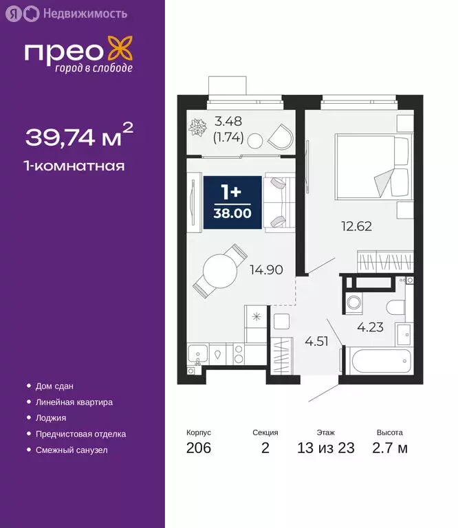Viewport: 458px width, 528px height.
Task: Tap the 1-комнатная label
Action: pyautogui.click(x=75, y=166)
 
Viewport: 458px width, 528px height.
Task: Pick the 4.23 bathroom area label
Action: pyautogui.click(x=370, y=327)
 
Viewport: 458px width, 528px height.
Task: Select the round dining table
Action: pyautogui.click(x=220, y=269)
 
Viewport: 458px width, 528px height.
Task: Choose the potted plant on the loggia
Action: pyautogui.click(x=201, y=128)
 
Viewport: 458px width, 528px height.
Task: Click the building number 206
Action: pyautogui.click(x=198, y=449)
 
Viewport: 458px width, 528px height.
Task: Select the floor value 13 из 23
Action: pyautogui.click(x=326, y=449)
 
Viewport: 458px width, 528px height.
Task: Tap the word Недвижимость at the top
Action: pyautogui.click(x=84, y=13)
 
